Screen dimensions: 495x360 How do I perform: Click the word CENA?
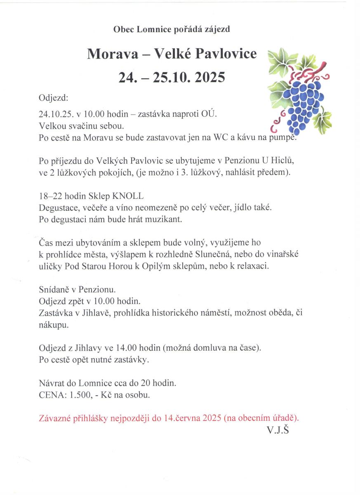(52, 395)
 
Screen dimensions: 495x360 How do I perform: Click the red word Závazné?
(56, 418)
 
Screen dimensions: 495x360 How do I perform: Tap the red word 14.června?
(181, 418)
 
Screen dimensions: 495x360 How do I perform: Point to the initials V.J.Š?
(278, 430)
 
